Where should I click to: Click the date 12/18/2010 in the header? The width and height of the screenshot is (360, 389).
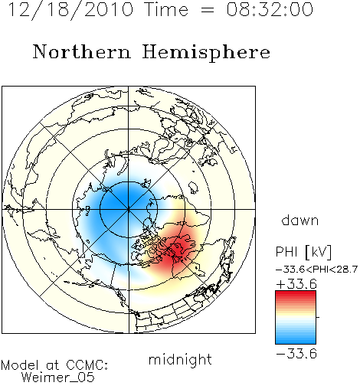[x=70, y=10]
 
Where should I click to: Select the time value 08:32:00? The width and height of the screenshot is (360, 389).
[x=270, y=9]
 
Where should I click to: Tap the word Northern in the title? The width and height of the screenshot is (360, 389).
[x=82, y=51]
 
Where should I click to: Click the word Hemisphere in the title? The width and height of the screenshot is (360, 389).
[x=206, y=53]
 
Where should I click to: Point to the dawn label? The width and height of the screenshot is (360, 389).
[x=300, y=220]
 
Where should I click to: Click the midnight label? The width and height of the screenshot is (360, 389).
[x=180, y=360]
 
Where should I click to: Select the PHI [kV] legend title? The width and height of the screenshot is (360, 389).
[x=303, y=252]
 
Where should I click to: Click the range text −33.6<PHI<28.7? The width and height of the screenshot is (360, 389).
[x=316, y=270]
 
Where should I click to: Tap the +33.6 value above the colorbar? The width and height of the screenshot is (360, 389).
[x=296, y=284]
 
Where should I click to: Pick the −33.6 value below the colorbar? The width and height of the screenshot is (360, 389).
[x=296, y=354]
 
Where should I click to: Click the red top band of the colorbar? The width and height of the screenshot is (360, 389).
[x=296, y=294]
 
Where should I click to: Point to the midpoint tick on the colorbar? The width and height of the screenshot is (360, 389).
[x=318, y=317]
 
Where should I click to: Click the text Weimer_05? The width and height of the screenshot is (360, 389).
[x=58, y=378]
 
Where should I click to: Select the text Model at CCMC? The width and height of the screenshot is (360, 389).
[x=54, y=365]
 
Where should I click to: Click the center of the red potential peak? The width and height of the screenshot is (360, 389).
[x=177, y=250]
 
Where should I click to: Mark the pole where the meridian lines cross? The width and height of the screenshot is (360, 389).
[x=129, y=209]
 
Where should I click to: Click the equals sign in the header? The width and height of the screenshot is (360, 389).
[x=208, y=10]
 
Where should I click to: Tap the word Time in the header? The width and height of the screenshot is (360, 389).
[x=167, y=9]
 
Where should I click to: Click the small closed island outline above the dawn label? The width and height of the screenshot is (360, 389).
[x=194, y=188]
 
